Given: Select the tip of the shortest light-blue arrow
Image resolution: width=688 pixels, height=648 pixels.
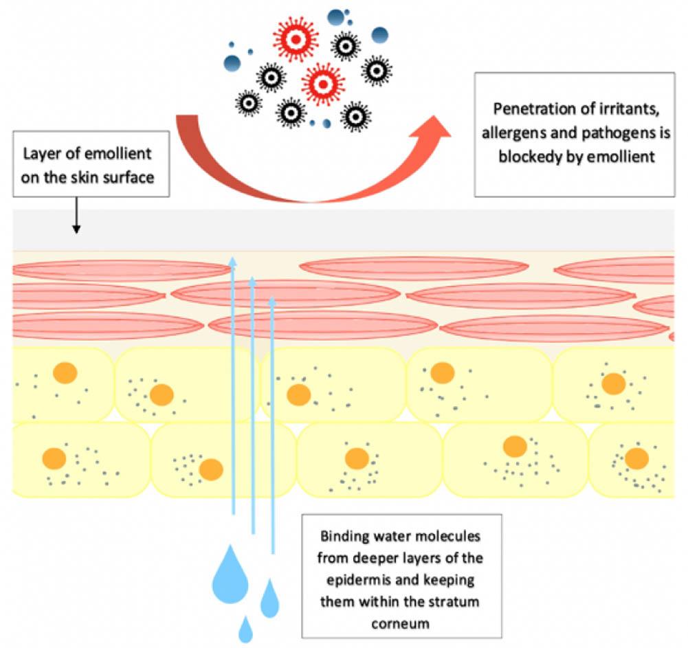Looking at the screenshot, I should [273, 300].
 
